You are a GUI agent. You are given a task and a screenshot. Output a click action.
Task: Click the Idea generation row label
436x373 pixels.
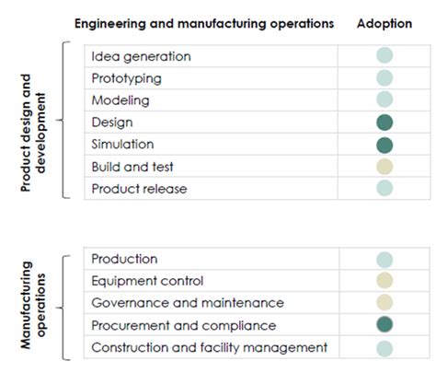pyautogui.click(x=141, y=56)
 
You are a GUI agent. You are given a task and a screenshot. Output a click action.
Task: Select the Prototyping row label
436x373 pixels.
pyautogui.click(x=127, y=78)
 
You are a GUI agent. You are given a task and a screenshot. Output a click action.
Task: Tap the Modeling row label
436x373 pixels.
pyautogui.click(x=120, y=100)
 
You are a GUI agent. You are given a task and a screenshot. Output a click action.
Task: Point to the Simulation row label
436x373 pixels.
pyautogui.click(x=123, y=145)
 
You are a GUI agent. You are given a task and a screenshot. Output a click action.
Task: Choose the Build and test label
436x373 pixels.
pyautogui.click(x=132, y=167)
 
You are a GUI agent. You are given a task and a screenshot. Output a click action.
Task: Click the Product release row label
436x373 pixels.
pyautogui.click(x=139, y=189)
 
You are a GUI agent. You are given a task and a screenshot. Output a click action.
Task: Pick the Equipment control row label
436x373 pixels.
pyautogui.click(x=147, y=281)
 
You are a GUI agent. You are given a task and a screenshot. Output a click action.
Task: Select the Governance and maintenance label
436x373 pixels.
pyautogui.click(x=188, y=303)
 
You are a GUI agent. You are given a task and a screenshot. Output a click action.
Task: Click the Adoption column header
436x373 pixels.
pyautogui.click(x=384, y=24)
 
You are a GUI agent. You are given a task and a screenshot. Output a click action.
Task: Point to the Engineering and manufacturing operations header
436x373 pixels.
pyautogui.click(x=203, y=24)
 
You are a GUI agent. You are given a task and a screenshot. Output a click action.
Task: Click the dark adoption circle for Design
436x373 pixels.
pyautogui.click(x=384, y=122)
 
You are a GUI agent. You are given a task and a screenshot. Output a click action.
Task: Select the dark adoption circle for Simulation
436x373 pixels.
pyautogui.click(x=384, y=145)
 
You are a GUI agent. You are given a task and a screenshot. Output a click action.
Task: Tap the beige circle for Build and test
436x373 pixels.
pyautogui.click(x=384, y=167)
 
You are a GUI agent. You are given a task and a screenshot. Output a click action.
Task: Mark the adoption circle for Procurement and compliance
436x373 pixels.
pyautogui.click(x=384, y=324)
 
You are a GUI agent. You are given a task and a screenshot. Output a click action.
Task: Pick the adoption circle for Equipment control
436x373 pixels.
pyautogui.click(x=384, y=281)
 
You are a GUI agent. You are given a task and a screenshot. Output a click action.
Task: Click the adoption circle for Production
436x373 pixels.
pyautogui.click(x=384, y=260)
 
